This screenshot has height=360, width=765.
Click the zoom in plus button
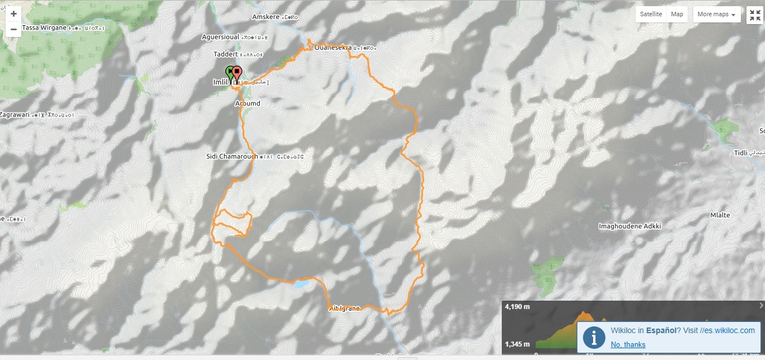coord(13,14)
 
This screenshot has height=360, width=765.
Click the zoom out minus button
coord(13,29)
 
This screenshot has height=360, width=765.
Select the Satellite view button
coord(651,15)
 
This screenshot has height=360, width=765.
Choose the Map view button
coord(677,15)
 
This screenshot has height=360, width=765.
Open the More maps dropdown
coord(716,15)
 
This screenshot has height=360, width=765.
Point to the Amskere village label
coord(265,17)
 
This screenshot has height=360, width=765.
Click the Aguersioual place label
coord(221,37)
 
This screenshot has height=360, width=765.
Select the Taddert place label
coord(226,54)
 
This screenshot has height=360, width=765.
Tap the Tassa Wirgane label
coord(44,27)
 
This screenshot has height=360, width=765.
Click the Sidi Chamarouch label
coord(232,156)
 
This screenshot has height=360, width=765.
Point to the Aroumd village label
coord(248,104)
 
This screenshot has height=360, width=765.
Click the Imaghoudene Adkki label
coord(630,226)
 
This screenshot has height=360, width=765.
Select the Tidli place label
coord(740,153)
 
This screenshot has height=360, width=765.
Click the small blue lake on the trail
coord(301,284)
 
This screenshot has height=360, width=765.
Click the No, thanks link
coord(628,344)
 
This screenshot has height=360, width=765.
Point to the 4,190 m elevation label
coord(517,307)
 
